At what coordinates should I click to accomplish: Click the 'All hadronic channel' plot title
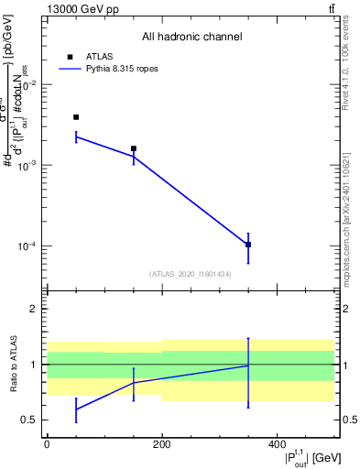[x=191, y=38]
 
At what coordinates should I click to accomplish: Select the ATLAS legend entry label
[x=99, y=56]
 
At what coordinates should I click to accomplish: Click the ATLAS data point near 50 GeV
[x=76, y=117]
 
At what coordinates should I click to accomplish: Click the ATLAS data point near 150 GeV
[x=134, y=148]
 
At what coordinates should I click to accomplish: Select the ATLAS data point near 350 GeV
[x=248, y=245]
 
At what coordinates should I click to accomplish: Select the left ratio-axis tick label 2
[x=36, y=309]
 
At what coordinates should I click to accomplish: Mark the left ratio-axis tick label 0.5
[x=32, y=420]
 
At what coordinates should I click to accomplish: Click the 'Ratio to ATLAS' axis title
[x=12, y=364]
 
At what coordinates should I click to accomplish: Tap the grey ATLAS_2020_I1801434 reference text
[x=191, y=274]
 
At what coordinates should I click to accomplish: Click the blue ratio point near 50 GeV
[x=76, y=409]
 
